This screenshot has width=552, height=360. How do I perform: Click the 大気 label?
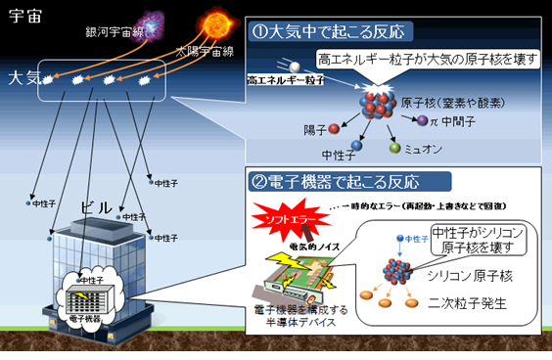coord(26,77)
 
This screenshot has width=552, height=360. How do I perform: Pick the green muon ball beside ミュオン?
coord(395,149)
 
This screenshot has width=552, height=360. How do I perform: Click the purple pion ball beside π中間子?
coord(423,120)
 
